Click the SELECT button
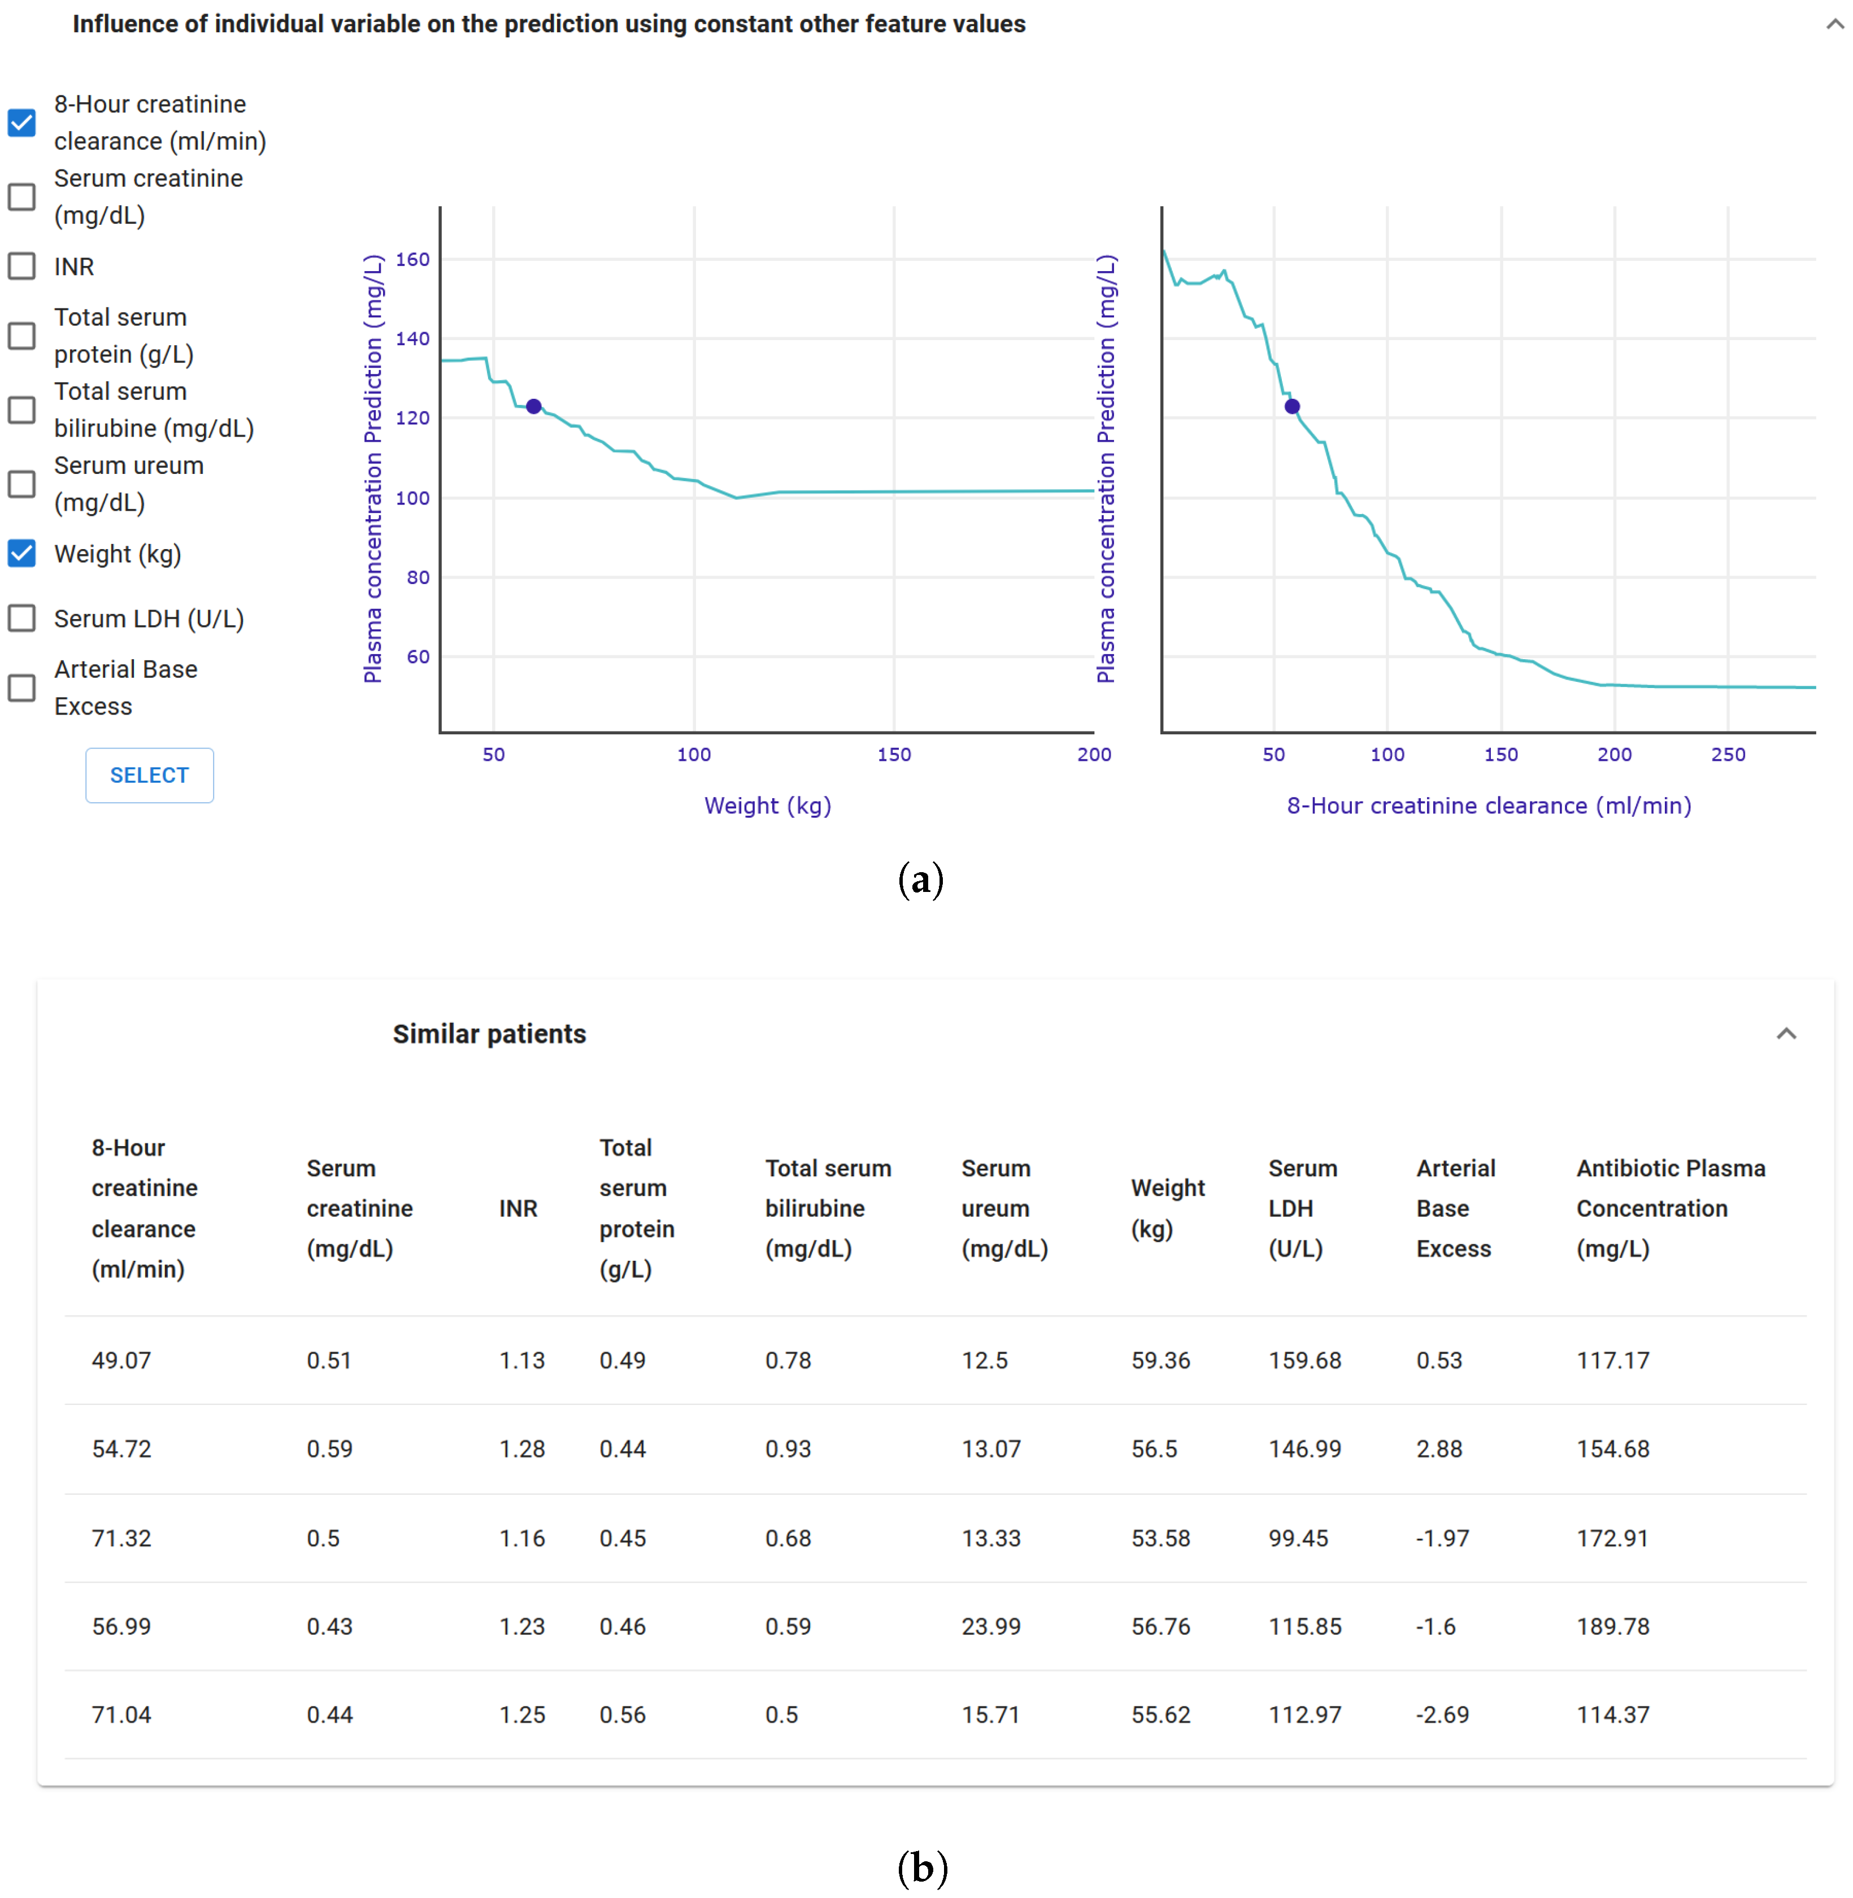(x=149, y=775)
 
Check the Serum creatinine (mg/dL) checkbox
(x=21, y=197)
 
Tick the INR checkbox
(x=21, y=265)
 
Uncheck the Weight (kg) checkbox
(x=21, y=553)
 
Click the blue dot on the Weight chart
(x=533, y=406)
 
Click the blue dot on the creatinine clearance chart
(x=1291, y=406)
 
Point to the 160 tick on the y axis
(x=412, y=259)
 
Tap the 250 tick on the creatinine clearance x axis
(x=1728, y=754)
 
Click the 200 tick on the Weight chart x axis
(x=1094, y=754)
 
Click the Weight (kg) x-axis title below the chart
(x=767, y=806)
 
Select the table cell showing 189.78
(x=1612, y=1626)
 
